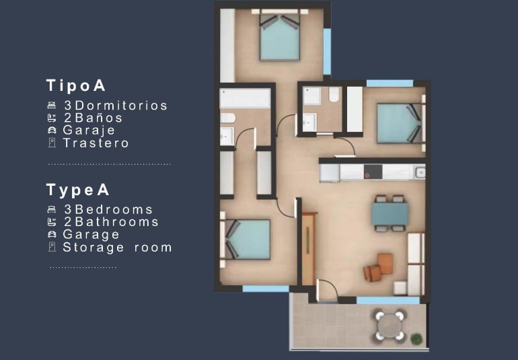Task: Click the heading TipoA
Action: [76, 85]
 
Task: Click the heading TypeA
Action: [78, 190]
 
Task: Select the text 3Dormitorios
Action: [115, 106]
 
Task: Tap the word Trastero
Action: [96, 143]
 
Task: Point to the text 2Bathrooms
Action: [111, 222]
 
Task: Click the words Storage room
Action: [117, 248]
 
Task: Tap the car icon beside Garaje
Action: [51, 131]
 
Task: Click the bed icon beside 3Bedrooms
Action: [51, 210]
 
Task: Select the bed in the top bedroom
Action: [280, 38]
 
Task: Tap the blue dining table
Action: [390, 214]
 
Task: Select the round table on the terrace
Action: [390, 326]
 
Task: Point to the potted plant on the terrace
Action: [418, 338]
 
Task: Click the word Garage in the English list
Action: [91, 235]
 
